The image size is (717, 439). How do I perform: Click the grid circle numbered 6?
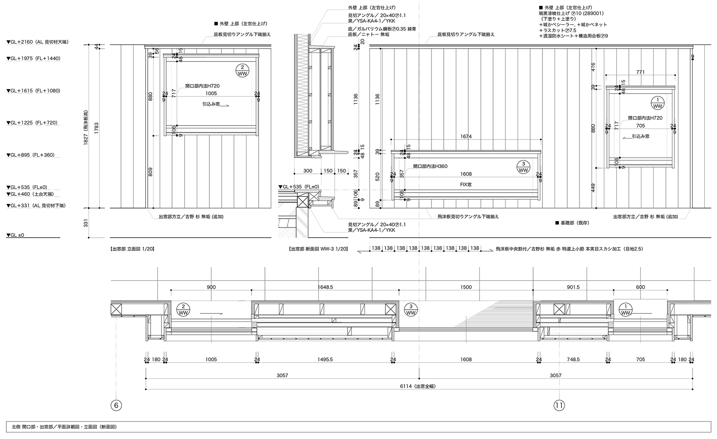116,405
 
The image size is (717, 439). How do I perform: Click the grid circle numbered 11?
559,405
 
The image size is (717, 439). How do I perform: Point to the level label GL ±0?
16,235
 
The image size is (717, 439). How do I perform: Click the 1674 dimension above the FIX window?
466,136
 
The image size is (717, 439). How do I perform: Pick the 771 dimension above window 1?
640,72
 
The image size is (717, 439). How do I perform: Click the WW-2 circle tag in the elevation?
243,70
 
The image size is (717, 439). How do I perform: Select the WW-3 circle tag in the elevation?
523,167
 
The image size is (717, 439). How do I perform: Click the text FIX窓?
466,185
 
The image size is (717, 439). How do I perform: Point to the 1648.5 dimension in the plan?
325,287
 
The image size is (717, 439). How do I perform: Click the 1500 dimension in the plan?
466,287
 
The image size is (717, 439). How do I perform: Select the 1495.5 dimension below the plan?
325,359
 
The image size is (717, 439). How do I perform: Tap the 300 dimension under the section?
307,171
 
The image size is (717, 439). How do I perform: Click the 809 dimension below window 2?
151,171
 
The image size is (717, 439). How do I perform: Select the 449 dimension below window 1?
593,187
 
